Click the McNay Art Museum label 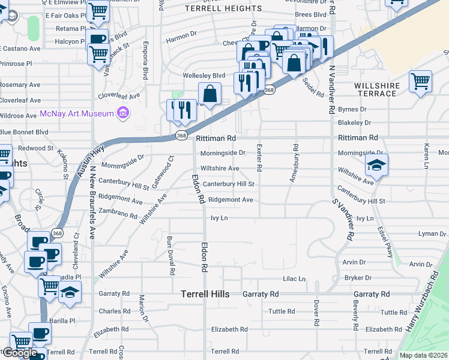(77, 113)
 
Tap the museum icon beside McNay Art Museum (123, 113)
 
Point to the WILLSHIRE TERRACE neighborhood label (377, 90)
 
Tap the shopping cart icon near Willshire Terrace (420, 81)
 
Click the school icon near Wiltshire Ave (376, 165)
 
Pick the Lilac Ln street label (294, 279)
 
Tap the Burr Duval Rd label (170, 255)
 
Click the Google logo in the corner (20, 353)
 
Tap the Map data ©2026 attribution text (424, 355)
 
